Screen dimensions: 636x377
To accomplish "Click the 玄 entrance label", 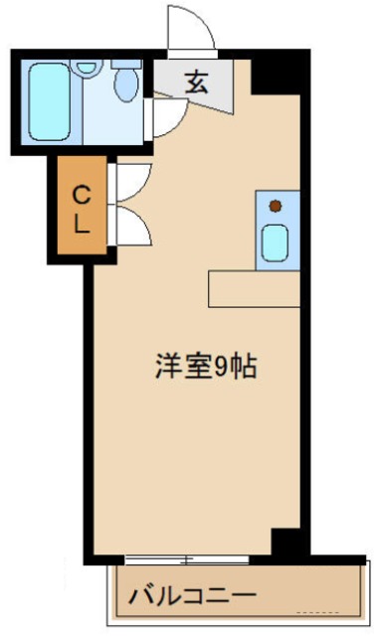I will click(x=195, y=83).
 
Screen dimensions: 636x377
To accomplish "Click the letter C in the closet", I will click(x=80, y=193).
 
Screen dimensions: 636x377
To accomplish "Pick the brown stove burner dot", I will click(x=276, y=207).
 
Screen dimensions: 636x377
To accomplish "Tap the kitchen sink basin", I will click(x=276, y=241).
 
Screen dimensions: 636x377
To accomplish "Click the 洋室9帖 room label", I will click(x=206, y=367).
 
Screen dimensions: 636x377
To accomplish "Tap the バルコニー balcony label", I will click(x=191, y=597).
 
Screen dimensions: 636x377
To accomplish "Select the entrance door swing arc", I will click(x=192, y=27).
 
